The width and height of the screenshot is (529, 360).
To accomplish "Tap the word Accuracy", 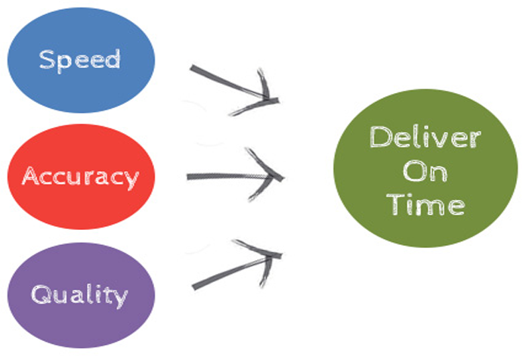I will point(81,176).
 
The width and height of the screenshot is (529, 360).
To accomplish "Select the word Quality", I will point(81,294).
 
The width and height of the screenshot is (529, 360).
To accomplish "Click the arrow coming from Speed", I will point(227,83).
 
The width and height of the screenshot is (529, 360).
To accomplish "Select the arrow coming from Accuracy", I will point(227,177).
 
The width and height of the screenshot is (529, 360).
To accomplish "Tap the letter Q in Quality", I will point(42,294).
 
